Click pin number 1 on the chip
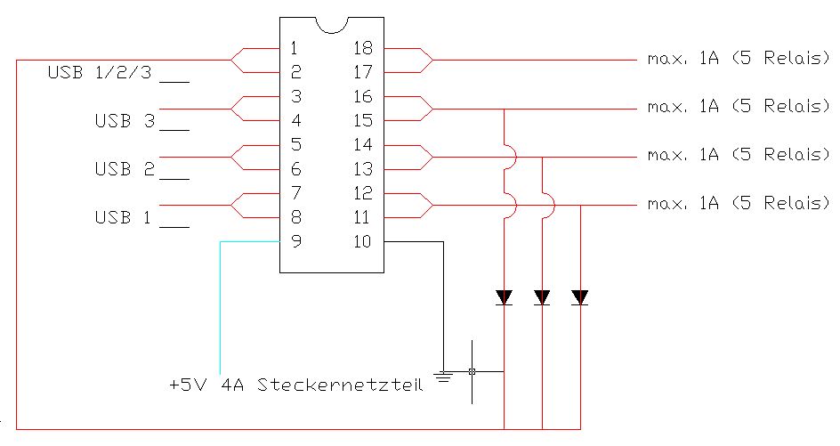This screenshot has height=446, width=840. (295, 48)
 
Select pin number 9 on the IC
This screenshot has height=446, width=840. (295, 240)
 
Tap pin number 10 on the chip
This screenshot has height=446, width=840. (362, 240)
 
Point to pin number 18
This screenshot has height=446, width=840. (362, 48)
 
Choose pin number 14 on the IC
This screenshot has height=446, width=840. (362, 144)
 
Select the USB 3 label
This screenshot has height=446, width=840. (125, 121)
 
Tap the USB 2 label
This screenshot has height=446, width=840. (125, 169)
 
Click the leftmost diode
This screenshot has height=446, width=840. (504, 297)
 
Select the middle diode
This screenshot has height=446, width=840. (542, 297)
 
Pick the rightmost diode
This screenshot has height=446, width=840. (580, 297)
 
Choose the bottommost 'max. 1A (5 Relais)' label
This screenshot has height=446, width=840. (739, 204)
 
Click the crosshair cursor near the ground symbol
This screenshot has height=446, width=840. (472, 371)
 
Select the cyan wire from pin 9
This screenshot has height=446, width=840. (220, 303)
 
